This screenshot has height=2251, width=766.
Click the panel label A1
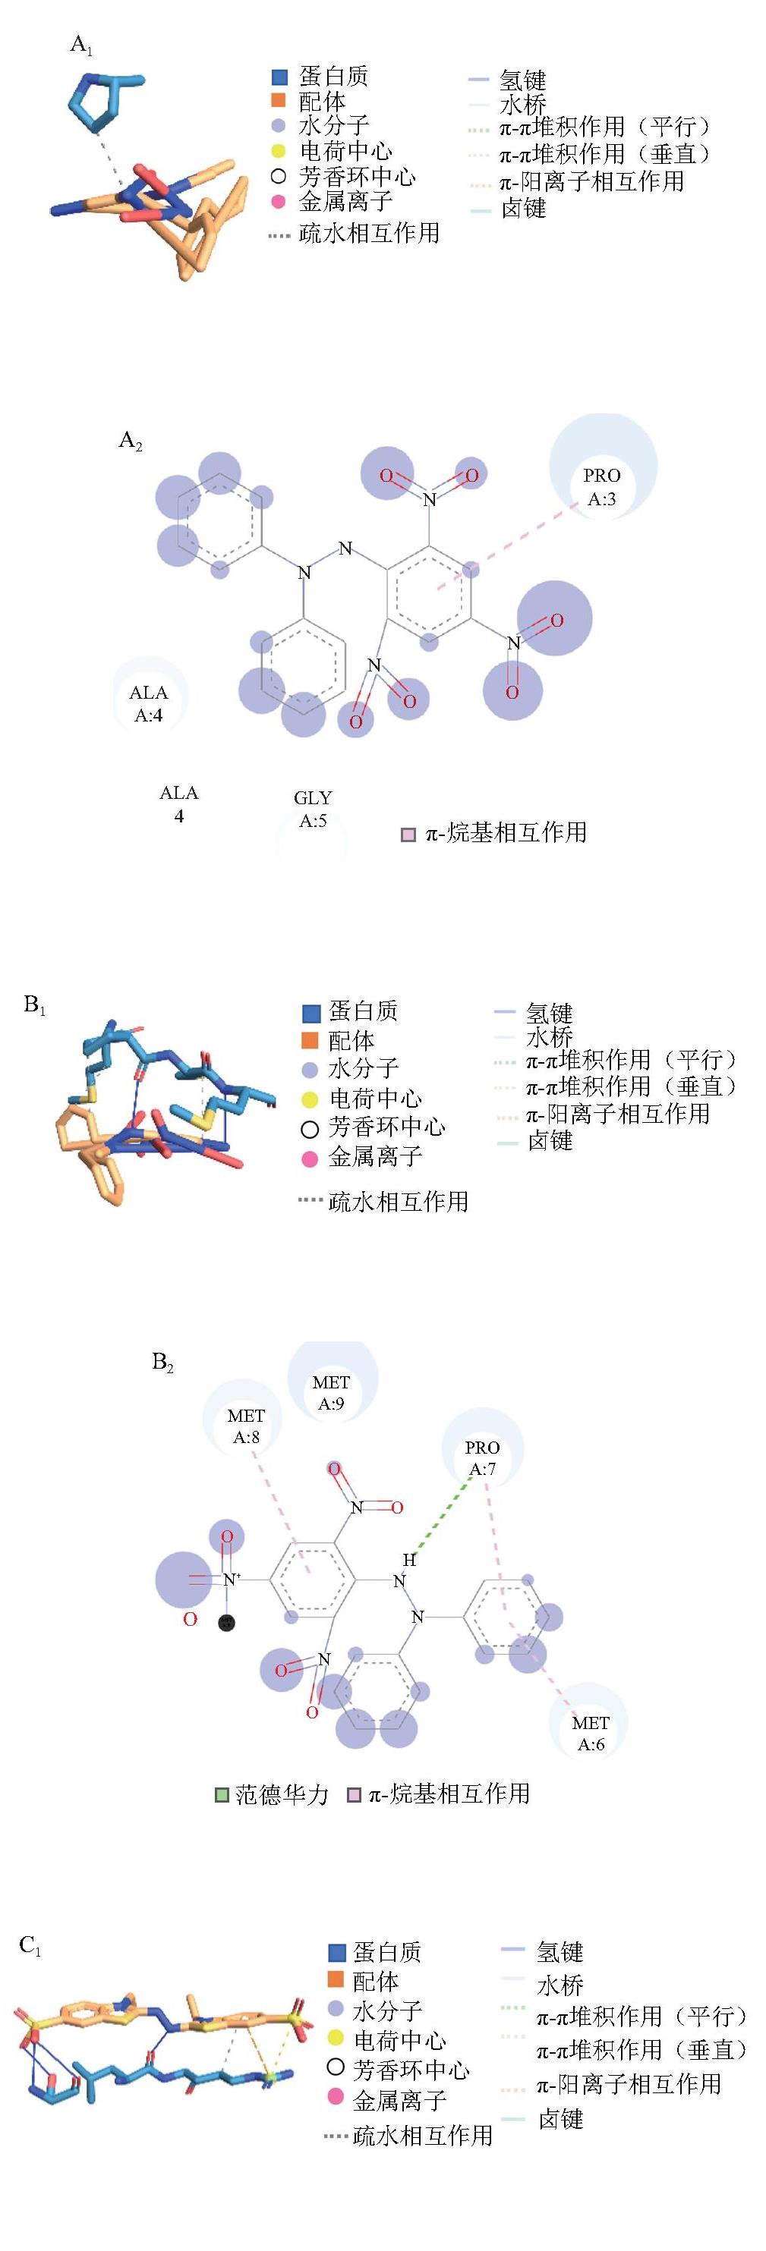(x=81, y=46)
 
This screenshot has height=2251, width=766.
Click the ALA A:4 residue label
(x=149, y=703)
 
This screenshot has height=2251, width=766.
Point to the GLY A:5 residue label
(x=313, y=808)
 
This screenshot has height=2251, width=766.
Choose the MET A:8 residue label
(x=246, y=1426)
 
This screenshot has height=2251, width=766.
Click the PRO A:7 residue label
(x=482, y=1457)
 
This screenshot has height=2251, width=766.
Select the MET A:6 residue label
(x=590, y=1733)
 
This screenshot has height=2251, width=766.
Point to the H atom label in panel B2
(x=408, y=1559)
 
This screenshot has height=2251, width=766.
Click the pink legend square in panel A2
(x=408, y=835)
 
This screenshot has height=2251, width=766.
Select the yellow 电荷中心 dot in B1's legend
(x=310, y=1099)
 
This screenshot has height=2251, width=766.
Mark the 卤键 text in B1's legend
(x=550, y=1140)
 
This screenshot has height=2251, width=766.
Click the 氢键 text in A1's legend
(x=523, y=80)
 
